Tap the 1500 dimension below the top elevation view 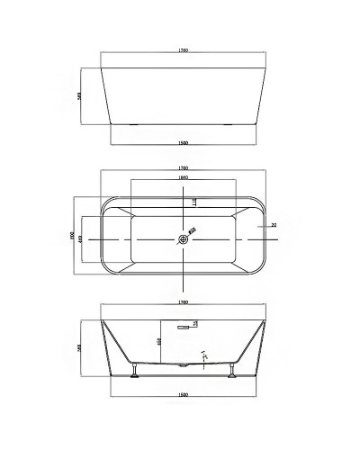[183, 141]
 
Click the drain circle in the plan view [184, 239]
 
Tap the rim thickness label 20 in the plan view [274, 226]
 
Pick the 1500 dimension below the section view [183, 393]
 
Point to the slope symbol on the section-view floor [203, 354]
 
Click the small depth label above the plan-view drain [194, 202]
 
